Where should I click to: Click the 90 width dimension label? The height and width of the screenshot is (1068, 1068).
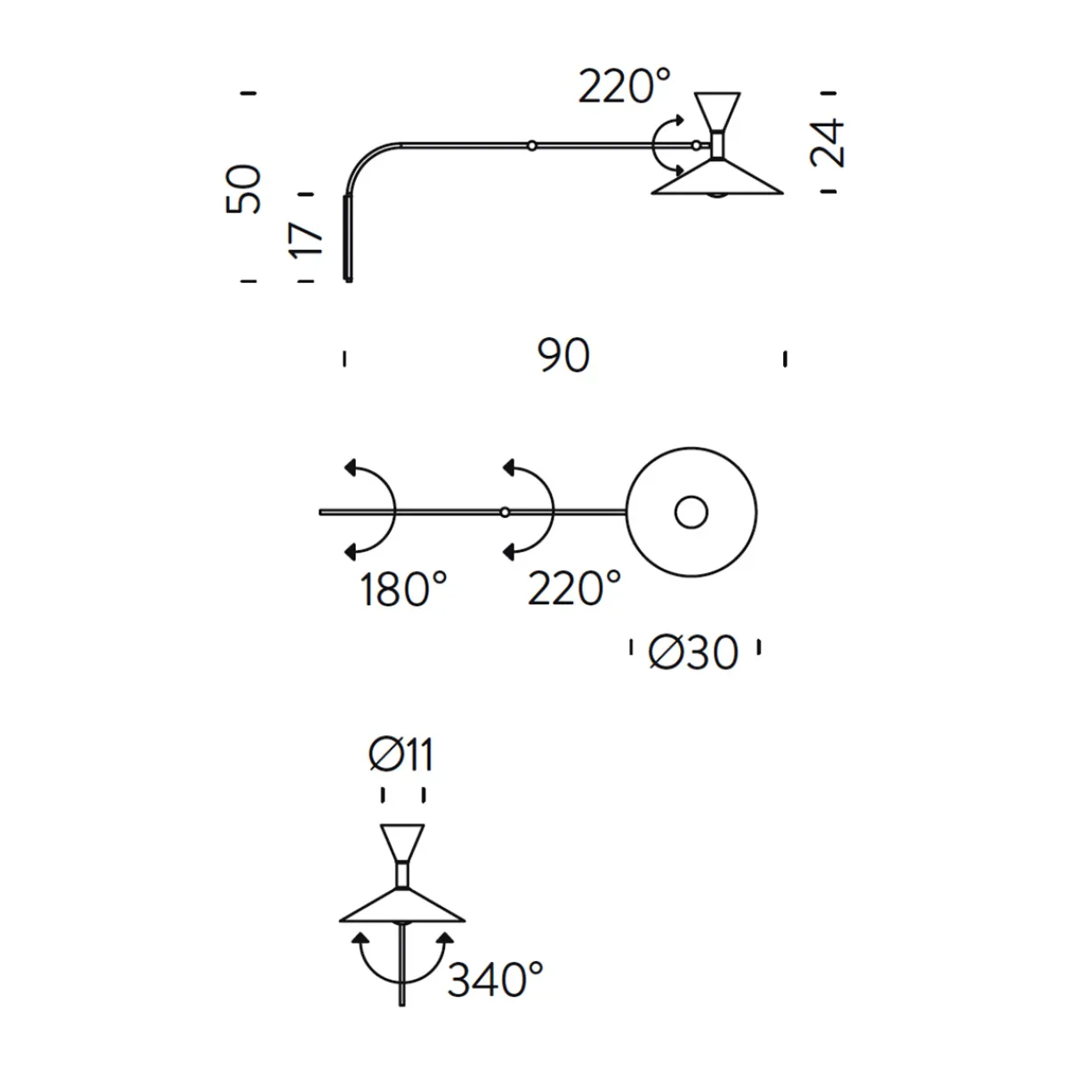click(x=563, y=355)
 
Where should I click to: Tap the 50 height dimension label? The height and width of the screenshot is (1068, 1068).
click(x=243, y=190)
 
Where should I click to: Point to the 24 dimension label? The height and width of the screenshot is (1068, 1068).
click(x=826, y=143)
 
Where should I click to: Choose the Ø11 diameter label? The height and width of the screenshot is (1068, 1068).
click(x=400, y=755)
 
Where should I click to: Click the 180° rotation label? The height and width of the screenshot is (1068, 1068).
click(x=403, y=589)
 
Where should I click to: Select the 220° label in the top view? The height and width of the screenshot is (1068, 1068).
click(x=625, y=86)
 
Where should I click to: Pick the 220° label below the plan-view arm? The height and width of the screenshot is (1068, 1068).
click(x=574, y=588)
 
